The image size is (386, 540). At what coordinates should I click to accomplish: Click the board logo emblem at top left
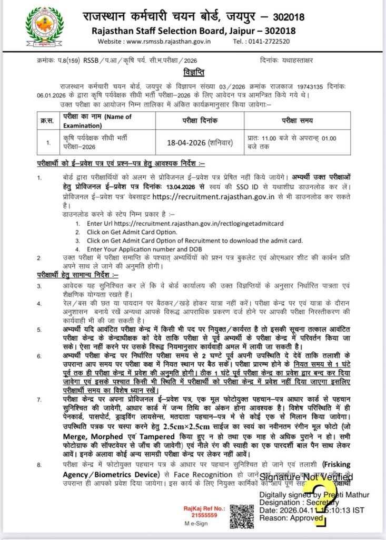point(40,27)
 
